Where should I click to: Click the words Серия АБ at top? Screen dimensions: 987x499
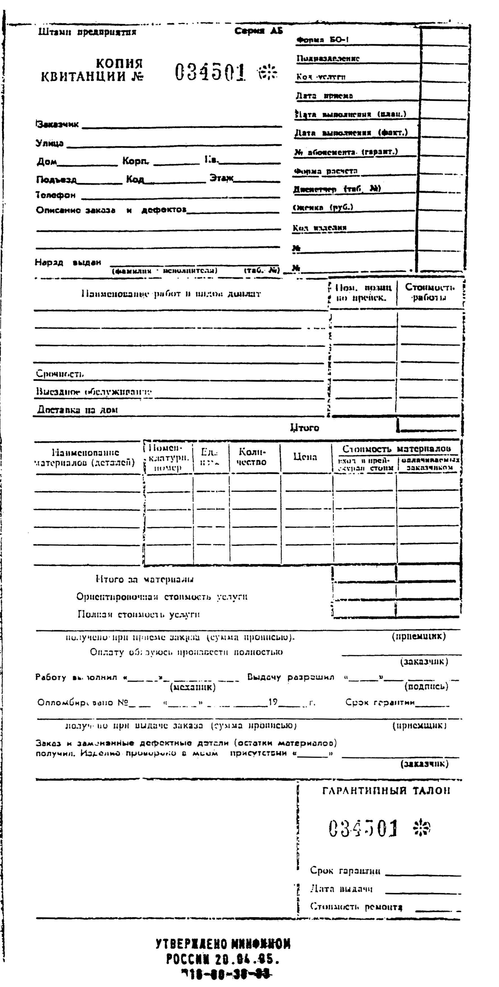pos(259,32)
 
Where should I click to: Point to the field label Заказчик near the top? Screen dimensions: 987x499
pos(57,124)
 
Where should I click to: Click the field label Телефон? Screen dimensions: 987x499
pos(56,195)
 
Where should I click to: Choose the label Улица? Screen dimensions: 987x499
pos(50,144)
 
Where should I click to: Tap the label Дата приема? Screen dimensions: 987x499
pos(324,96)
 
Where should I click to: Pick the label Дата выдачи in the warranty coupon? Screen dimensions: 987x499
pos(341,889)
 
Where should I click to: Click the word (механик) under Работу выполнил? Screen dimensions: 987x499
pos(193,687)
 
